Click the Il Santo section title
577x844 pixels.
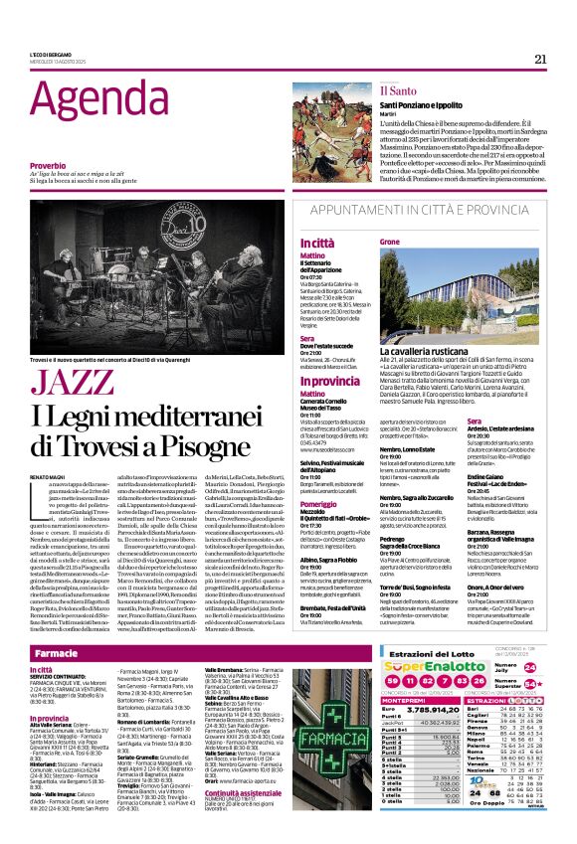(x=398, y=90)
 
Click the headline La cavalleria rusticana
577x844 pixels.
(x=431, y=351)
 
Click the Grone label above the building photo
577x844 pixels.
(x=390, y=243)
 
